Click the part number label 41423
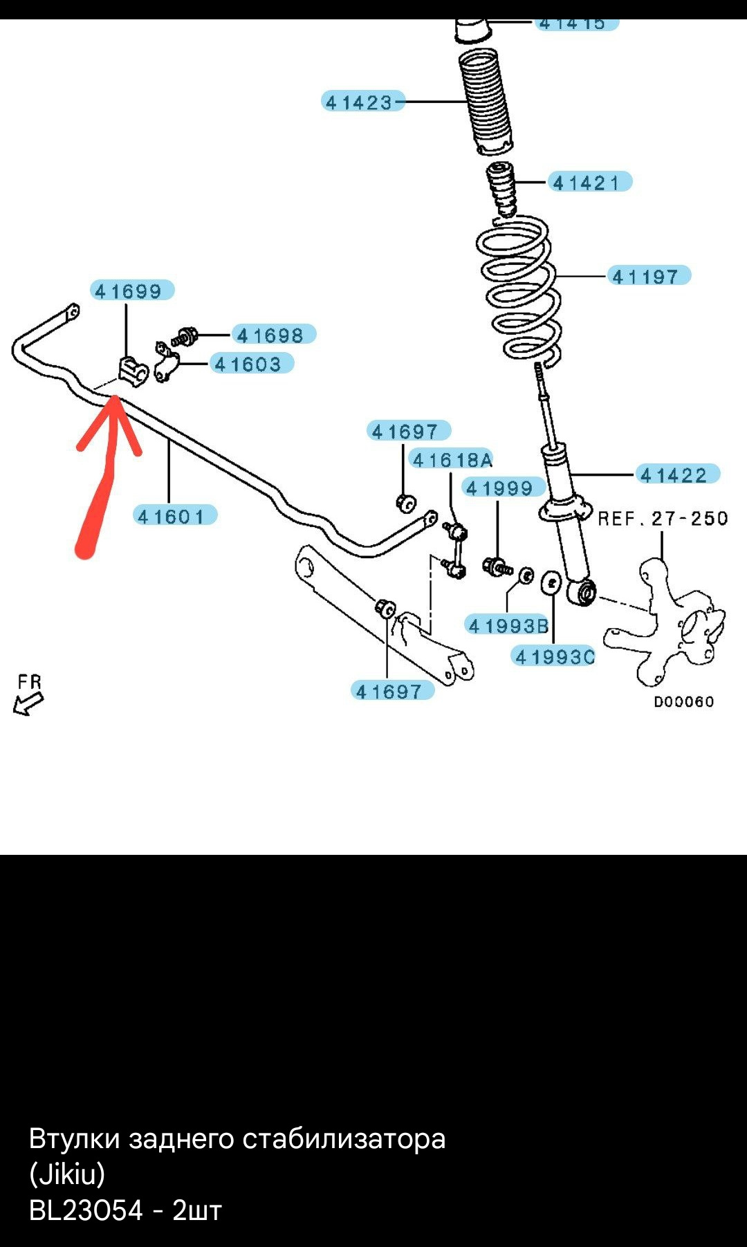click(x=360, y=102)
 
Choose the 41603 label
click(x=248, y=364)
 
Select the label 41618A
click(x=452, y=460)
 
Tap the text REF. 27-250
click(x=663, y=519)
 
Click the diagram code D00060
click(x=683, y=702)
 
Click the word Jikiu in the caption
click(x=67, y=1174)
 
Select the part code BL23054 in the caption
click(x=86, y=1211)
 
